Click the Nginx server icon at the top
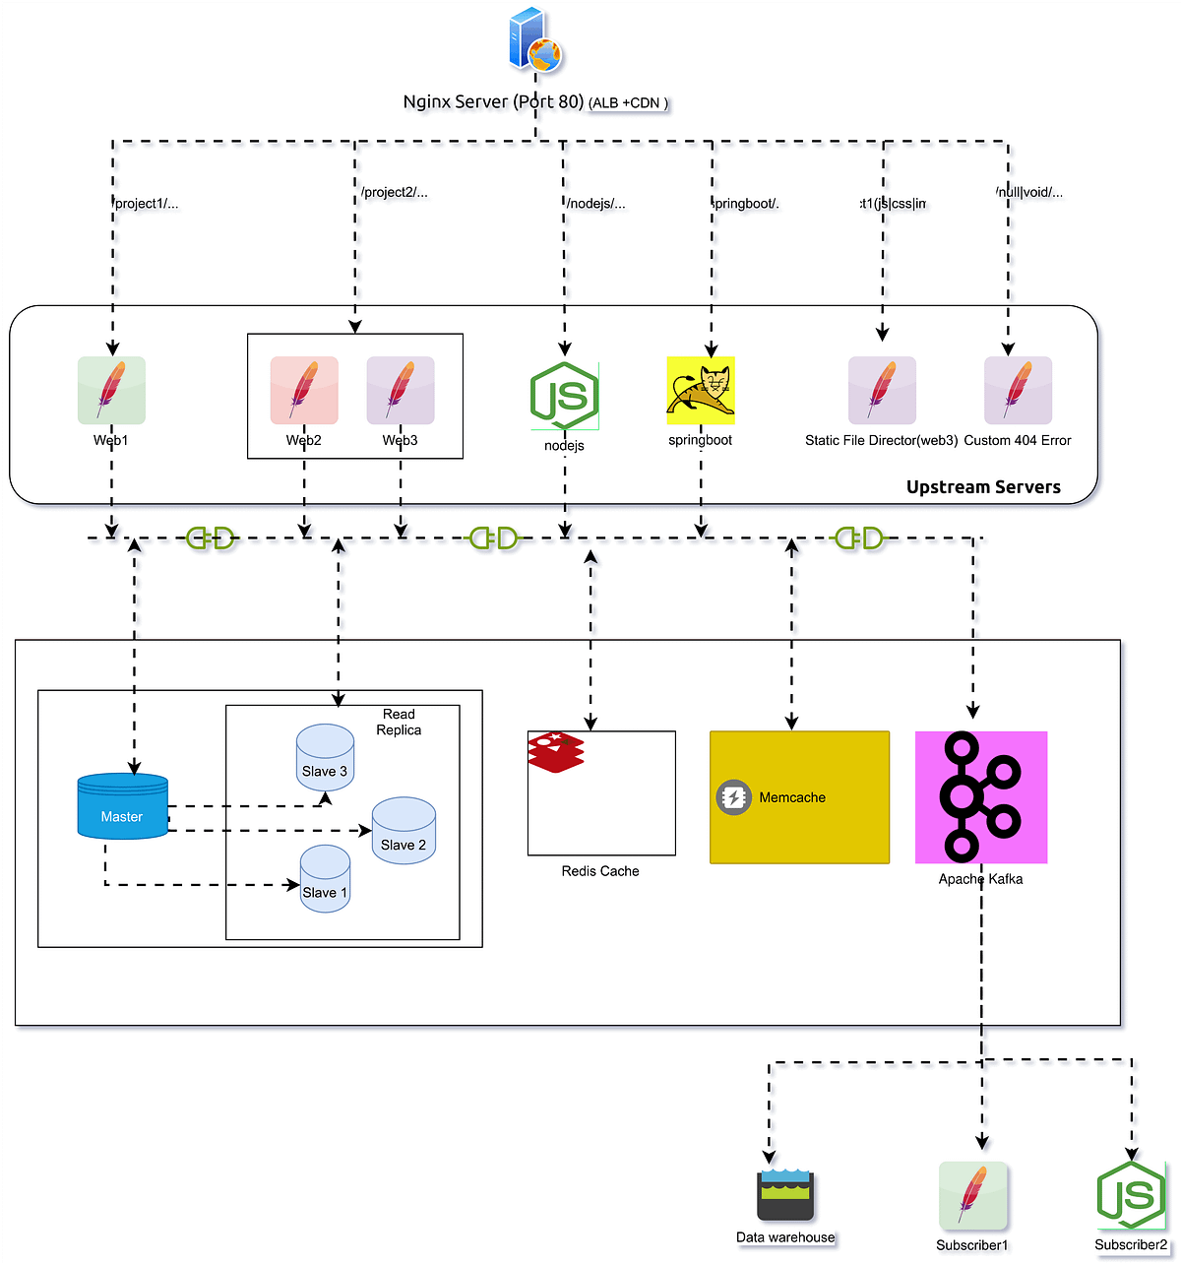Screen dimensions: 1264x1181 (x=534, y=41)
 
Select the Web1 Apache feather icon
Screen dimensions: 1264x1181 (x=111, y=391)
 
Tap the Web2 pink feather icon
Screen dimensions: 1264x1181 (x=304, y=391)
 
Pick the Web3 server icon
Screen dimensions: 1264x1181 (x=401, y=391)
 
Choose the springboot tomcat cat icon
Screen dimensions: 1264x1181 (x=701, y=391)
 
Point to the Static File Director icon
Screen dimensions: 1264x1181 (x=882, y=391)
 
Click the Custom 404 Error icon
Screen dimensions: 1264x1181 (x=1018, y=391)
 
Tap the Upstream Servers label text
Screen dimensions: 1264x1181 (x=983, y=487)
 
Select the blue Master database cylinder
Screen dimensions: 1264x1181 (x=123, y=806)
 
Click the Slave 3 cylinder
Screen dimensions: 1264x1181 (x=326, y=757)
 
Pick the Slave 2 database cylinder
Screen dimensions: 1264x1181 (x=404, y=831)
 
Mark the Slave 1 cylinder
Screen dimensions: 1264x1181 (x=325, y=878)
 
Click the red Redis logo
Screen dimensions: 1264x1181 (x=556, y=752)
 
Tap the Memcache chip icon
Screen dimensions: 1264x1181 (x=733, y=797)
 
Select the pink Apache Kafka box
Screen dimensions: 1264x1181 (x=981, y=797)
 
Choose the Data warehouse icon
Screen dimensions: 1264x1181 (x=785, y=1195)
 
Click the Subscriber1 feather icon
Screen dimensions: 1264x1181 (x=973, y=1196)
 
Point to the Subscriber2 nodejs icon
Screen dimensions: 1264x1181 (x=1131, y=1196)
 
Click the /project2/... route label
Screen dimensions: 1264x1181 (x=395, y=192)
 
